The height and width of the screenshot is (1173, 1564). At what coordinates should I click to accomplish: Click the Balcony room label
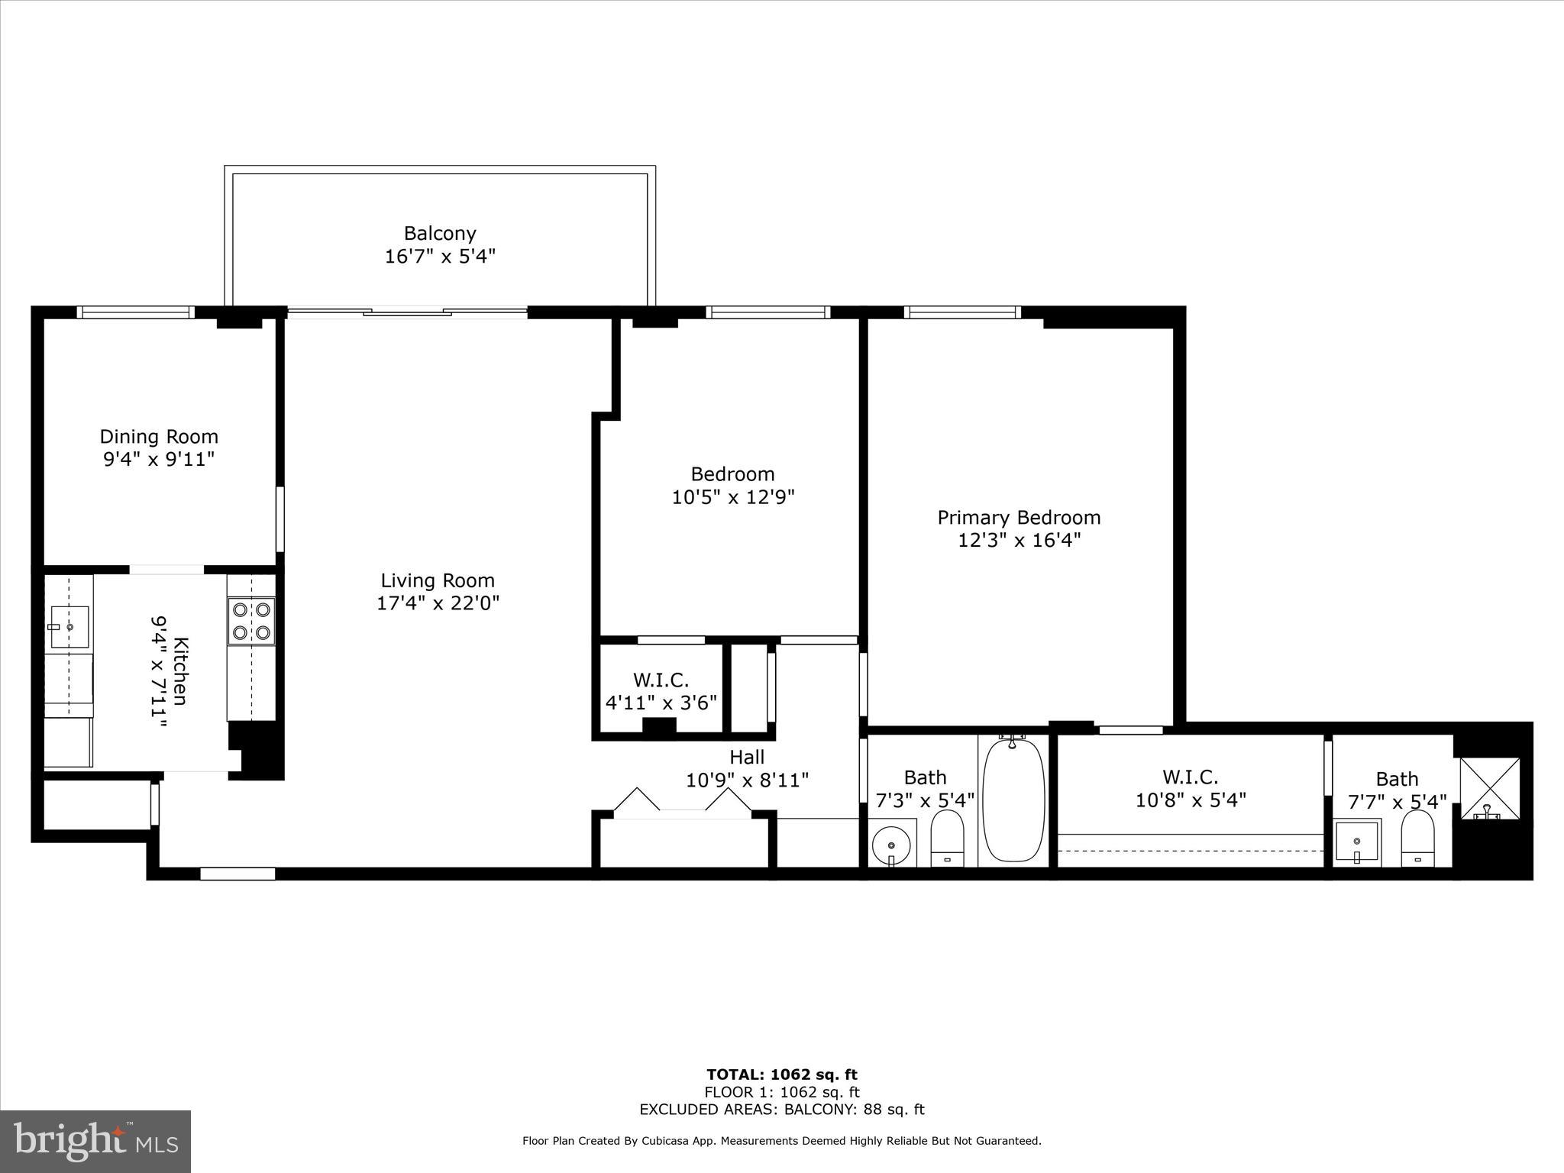440,233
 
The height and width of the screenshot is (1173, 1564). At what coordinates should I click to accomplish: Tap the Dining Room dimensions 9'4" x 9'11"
159,460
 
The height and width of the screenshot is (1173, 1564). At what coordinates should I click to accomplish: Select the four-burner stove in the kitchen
251,621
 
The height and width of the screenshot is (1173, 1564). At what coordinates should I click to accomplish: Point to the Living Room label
438,580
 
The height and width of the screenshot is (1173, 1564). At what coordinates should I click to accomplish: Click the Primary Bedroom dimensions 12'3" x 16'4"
1019,541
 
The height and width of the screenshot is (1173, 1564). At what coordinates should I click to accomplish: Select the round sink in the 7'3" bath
891,845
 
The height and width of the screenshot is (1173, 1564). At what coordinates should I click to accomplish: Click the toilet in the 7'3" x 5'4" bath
948,837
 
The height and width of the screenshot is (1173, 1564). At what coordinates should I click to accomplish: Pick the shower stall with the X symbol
1489,789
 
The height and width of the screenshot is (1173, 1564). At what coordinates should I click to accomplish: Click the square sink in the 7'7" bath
1356,842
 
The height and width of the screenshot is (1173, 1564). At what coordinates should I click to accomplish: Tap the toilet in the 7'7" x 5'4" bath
1418,837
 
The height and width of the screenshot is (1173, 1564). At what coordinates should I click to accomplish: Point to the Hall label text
746,757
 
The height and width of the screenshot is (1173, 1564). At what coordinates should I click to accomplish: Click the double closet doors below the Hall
683,803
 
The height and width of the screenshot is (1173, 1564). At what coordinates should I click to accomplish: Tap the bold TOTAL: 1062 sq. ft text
781,1075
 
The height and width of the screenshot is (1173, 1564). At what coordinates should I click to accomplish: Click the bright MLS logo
95,1141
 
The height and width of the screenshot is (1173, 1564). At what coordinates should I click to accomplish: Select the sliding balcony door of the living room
406,312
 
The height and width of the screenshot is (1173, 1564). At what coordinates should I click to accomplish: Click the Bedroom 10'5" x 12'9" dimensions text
733,497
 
